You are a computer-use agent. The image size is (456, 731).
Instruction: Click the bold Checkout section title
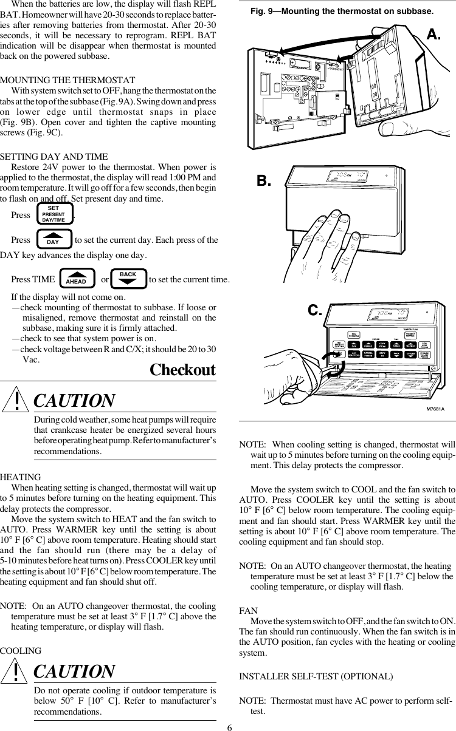(x=182, y=370)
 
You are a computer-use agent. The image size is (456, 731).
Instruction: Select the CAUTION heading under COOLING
(x=74, y=671)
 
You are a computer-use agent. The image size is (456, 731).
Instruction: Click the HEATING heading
(x=21, y=477)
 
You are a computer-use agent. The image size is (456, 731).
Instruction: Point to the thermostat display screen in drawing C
(x=385, y=315)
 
